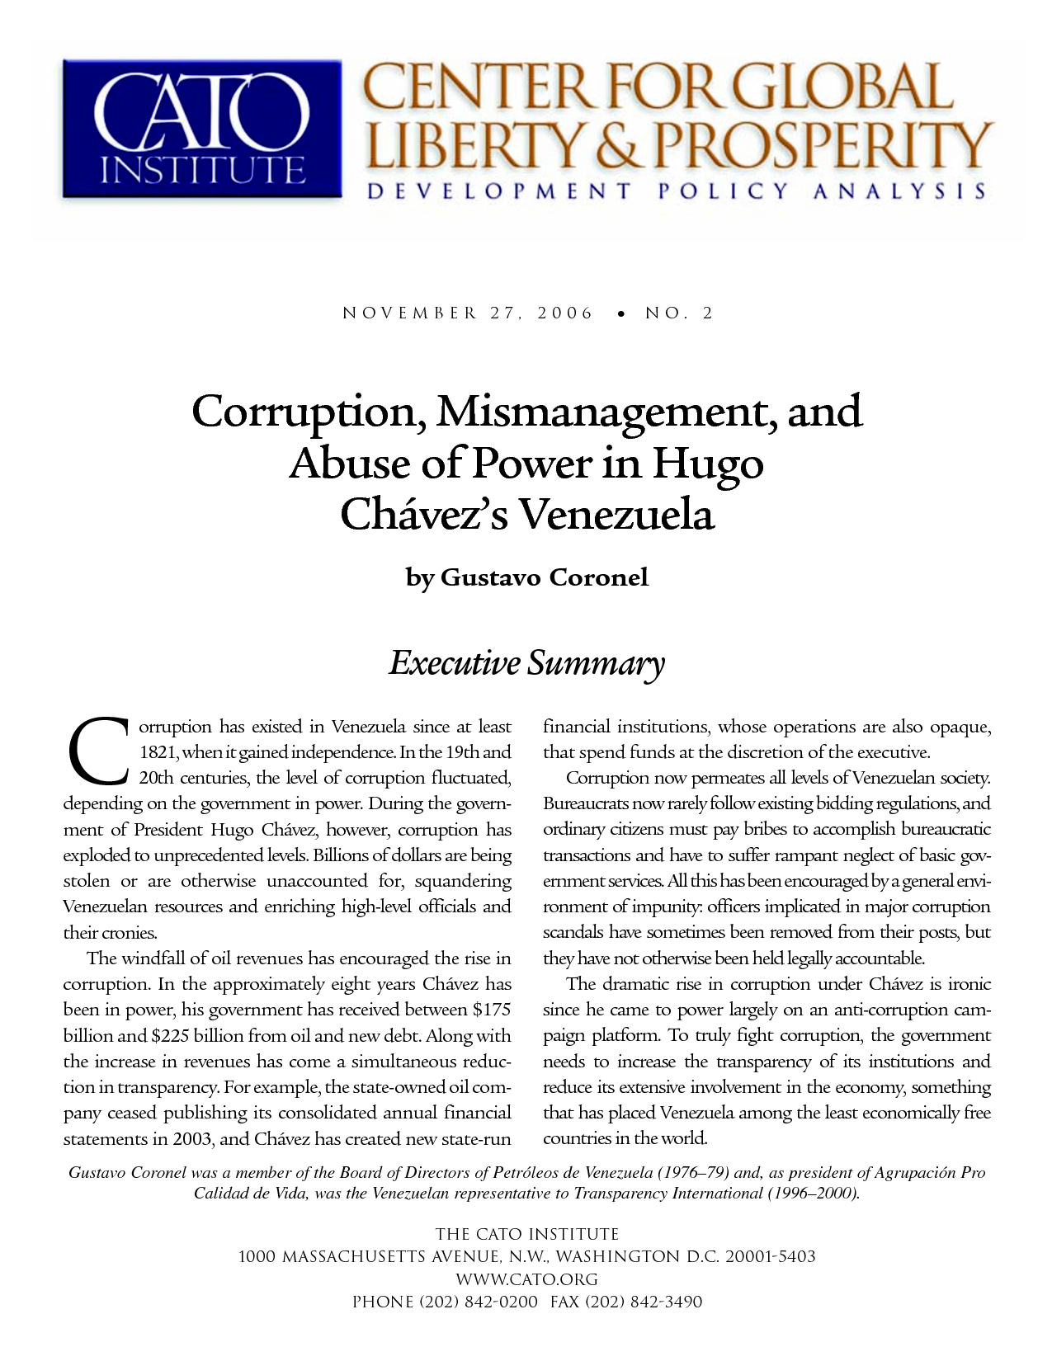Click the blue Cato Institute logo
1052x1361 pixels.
coord(202,129)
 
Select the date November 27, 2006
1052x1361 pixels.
coord(468,313)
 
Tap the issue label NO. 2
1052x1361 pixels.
coord(679,313)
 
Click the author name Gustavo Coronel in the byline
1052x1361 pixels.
coord(545,577)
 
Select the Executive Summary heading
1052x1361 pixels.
coord(526,662)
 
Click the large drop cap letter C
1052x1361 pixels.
coord(97,751)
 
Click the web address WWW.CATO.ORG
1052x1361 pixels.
coord(526,1279)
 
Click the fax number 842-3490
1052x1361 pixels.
coord(666,1302)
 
